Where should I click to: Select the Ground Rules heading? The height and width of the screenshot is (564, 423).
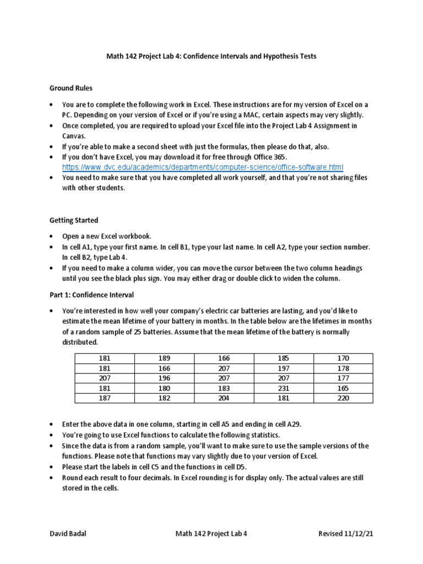[71, 88]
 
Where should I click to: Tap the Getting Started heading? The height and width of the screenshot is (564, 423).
[74, 220]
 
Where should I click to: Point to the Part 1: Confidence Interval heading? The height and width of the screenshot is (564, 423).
[91, 295]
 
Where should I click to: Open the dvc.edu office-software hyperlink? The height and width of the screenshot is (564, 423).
[202, 167]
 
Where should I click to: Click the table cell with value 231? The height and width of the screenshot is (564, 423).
[284, 388]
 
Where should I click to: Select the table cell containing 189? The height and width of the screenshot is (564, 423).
[164, 358]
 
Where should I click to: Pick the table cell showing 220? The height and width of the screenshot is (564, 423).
[343, 398]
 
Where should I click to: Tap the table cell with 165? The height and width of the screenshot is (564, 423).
[343, 388]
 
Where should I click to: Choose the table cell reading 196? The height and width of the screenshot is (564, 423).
[164, 378]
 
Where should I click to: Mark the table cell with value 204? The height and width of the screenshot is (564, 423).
[224, 398]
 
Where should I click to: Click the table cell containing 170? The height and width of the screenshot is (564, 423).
[343, 358]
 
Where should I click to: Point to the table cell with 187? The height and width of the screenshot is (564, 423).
[105, 398]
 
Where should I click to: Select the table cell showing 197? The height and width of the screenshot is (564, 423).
[284, 368]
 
